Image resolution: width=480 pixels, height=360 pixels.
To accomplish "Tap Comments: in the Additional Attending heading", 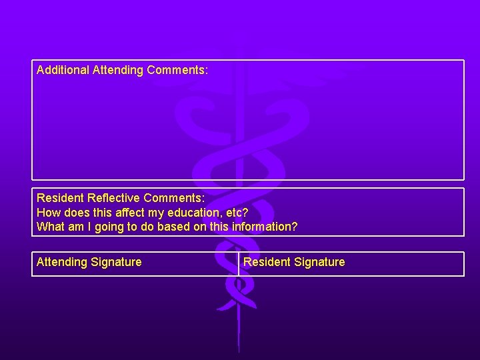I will [x=178, y=70].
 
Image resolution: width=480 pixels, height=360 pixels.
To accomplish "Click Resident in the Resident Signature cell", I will [x=267, y=262].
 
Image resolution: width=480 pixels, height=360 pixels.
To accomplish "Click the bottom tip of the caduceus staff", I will [x=239, y=351].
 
